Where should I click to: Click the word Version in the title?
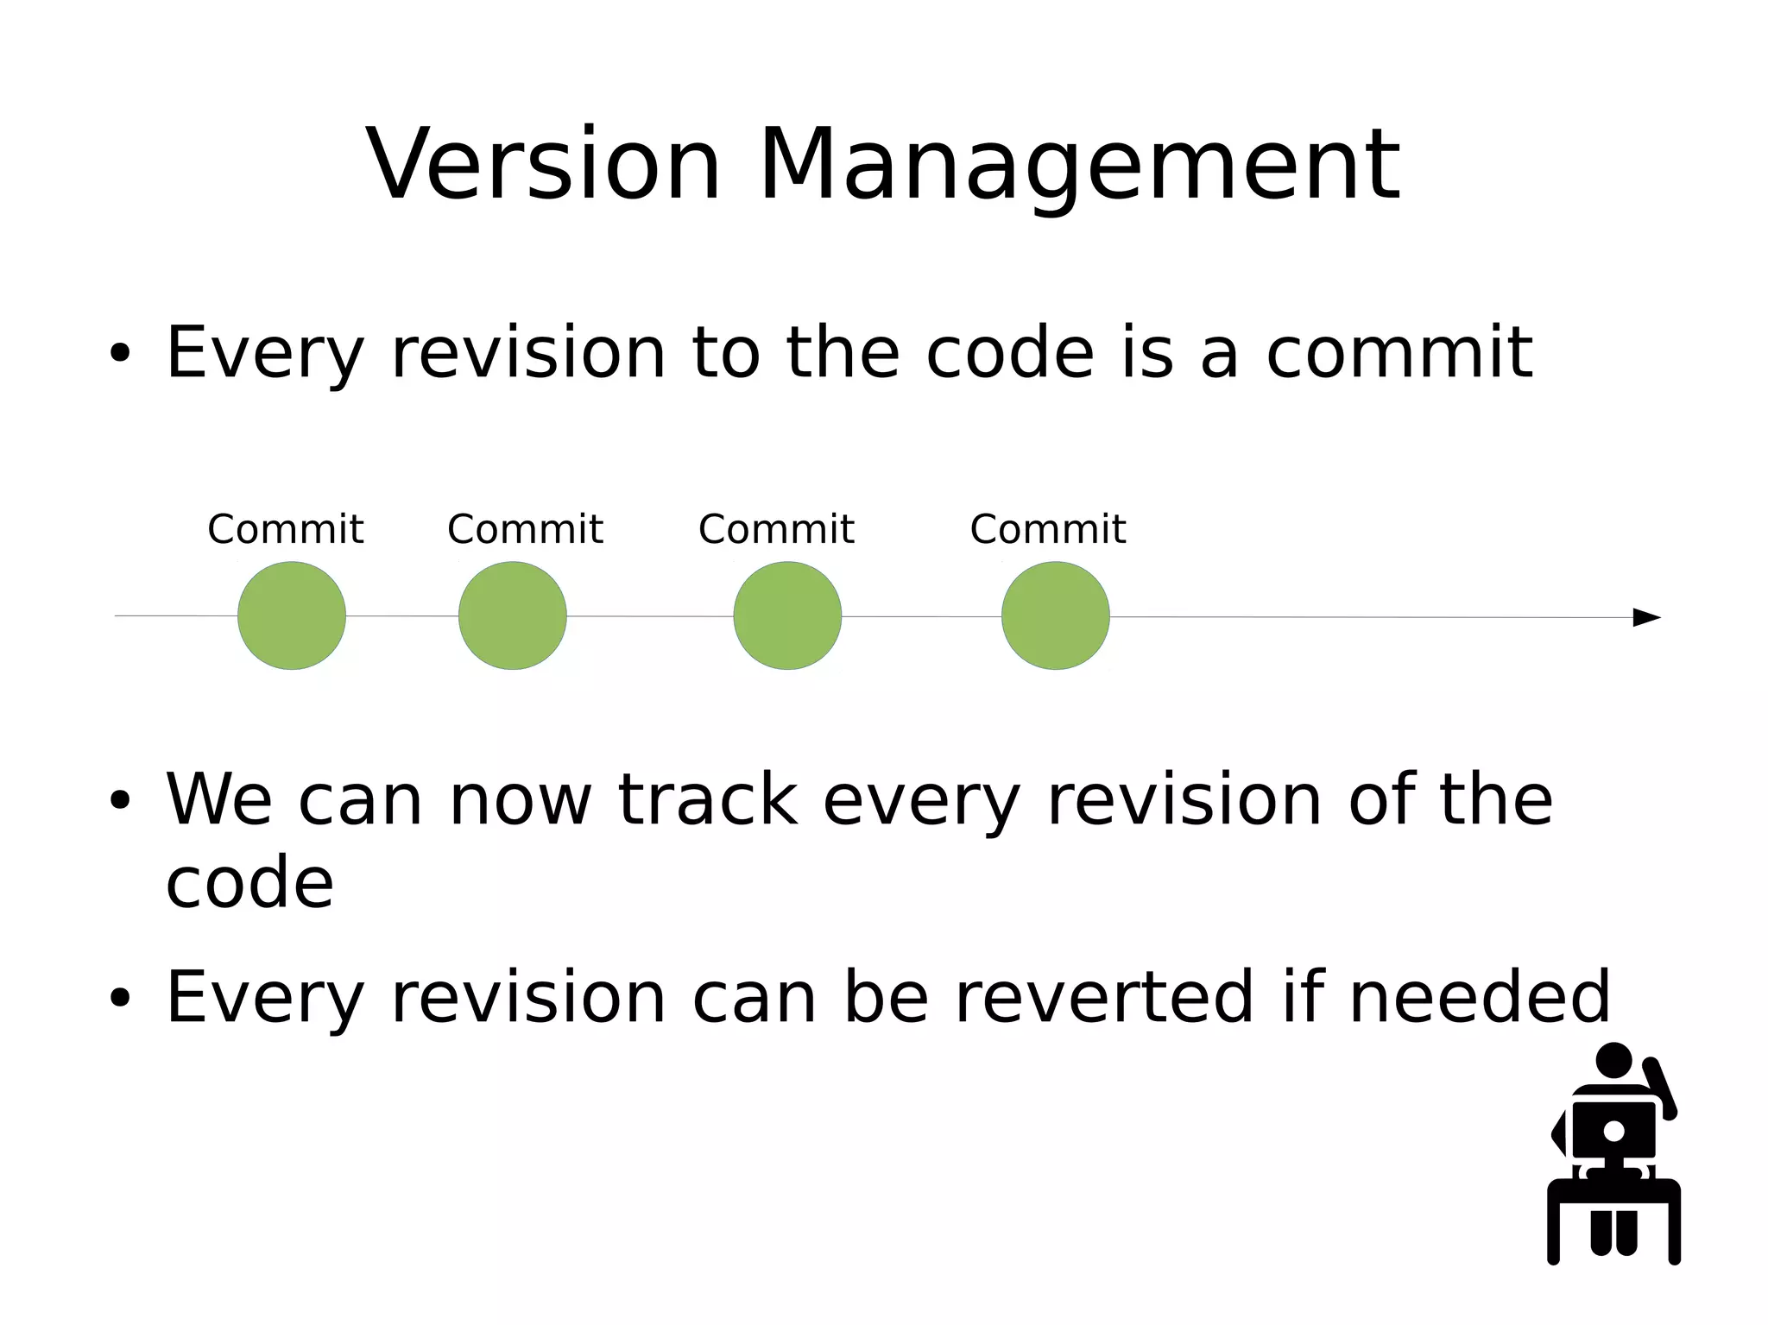point(544,164)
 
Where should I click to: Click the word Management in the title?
point(1079,166)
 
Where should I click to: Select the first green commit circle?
point(292,615)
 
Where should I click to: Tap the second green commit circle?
point(513,615)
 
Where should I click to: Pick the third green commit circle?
point(787,615)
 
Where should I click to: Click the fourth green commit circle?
point(1056,615)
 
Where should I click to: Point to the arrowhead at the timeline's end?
point(1646,617)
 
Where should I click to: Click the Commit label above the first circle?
point(286,529)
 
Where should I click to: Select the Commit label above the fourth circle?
point(1048,529)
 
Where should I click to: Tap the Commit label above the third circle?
point(776,529)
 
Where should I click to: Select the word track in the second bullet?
point(708,800)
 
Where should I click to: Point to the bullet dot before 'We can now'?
point(120,800)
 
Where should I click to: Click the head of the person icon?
point(1613,1060)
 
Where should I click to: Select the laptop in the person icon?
point(1613,1131)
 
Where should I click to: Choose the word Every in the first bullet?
point(264,354)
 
